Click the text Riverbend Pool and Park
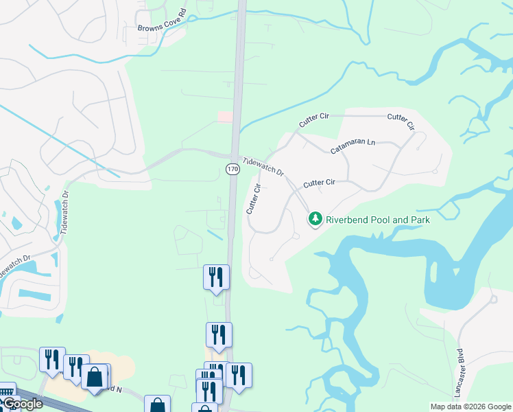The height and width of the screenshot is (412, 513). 377,220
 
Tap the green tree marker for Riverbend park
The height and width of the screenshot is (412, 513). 315,219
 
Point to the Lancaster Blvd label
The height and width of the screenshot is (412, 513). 460,371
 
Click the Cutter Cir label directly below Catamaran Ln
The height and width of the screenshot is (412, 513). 319,183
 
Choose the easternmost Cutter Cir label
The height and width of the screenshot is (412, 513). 401,122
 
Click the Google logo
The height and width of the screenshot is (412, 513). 22,404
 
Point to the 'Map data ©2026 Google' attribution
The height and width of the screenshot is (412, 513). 470,407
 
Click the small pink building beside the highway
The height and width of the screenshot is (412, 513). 225,117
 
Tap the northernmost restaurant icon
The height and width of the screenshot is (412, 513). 216,277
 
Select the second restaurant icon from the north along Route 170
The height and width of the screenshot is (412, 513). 219,334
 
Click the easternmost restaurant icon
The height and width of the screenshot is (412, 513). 239,375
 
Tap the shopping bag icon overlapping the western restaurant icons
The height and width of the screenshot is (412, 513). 94,376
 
